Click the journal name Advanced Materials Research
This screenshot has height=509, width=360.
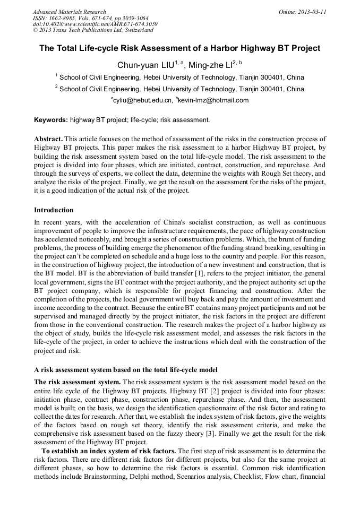[69, 12]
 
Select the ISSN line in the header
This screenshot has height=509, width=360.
[90, 18]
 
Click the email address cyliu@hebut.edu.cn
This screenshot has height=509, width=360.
[142, 100]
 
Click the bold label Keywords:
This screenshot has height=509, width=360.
[51, 120]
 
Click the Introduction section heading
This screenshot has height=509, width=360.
[54, 210]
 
